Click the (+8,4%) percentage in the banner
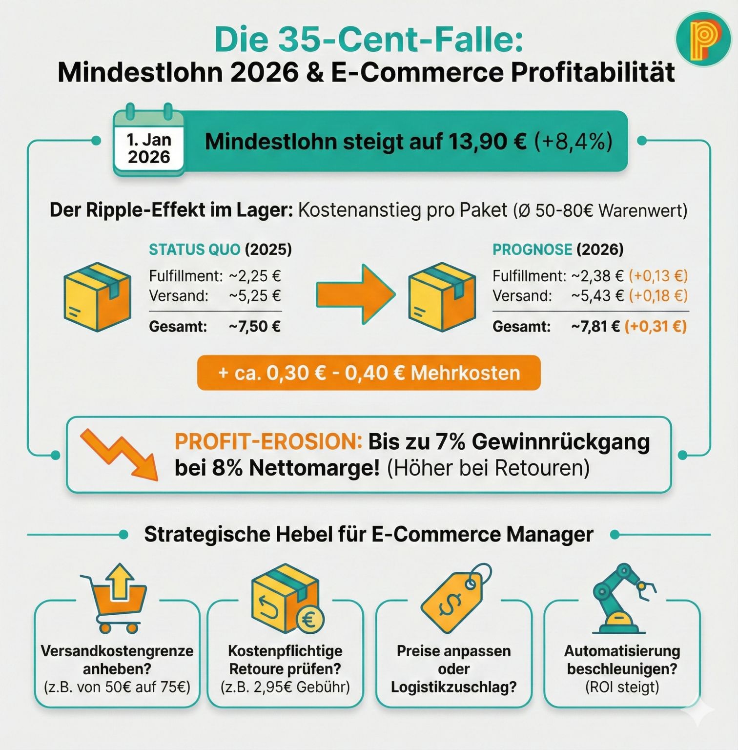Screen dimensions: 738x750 pyautogui.click(x=573, y=142)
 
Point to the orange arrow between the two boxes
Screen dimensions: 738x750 pyautogui.click(x=355, y=294)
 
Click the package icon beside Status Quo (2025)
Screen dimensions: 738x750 pyautogui.click(x=98, y=297)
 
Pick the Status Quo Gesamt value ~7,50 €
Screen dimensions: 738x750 pyautogui.click(x=255, y=326)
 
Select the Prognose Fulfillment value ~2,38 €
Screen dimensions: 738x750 pyautogui.click(x=597, y=276)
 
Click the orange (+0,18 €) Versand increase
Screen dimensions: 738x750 pyautogui.click(x=658, y=296)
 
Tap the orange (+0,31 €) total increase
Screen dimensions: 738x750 pyautogui.click(x=656, y=326)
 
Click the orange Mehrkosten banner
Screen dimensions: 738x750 pyautogui.click(x=369, y=373)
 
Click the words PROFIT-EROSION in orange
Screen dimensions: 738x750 pyautogui.click(x=268, y=442)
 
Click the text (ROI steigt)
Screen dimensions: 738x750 pyautogui.click(x=622, y=687)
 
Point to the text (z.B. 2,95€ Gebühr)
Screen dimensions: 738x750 pyautogui.click(x=285, y=687)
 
